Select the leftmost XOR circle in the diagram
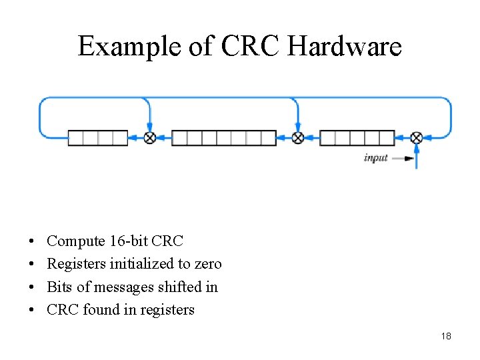click(x=150, y=138)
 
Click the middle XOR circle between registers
click(x=298, y=138)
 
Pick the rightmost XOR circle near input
click(x=416, y=138)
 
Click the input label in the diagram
click(x=375, y=158)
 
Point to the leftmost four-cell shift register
click(x=98, y=138)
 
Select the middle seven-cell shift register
click(x=224, y=138)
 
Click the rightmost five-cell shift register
click(x=357, y=138)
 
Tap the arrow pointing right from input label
click(x=402, y=158)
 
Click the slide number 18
click(x=446, y=336)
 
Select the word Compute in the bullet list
click(x=76, y=241)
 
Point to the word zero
click(x=207, y=264)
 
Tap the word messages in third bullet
click(x=123, y=287)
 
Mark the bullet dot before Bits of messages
click(x=33, y=287)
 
